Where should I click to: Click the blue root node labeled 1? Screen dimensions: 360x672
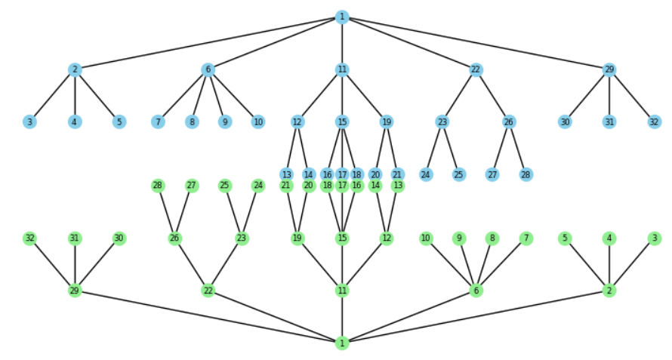click(x=342, y=17)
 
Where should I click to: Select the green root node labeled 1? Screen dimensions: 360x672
click(x=342, y=343)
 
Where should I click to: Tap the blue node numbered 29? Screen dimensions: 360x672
click(x=609, y=69)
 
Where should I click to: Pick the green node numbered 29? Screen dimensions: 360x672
click(x=74, y=291)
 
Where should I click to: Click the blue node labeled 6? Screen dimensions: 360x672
click(x=208, y=69)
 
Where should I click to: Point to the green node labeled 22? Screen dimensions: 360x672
click(x=208, y=291)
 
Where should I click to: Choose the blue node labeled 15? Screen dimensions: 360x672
click(x=342, y=122)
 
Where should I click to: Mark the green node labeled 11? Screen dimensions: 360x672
click(x=342, y=291)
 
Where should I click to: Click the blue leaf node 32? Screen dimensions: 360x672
click(x=654, y=122)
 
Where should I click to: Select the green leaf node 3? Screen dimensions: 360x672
click(x=654, y=238)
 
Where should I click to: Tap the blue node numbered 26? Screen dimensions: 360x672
click(x=509, y=122)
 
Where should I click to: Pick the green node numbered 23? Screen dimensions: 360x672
click(x=242, y=238)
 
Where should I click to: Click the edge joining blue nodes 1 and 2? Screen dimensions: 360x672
click(x=208, y=43)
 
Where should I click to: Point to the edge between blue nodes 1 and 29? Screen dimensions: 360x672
click(x=476, y=43)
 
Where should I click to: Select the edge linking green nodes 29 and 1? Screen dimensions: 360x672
click(x=208, y=317)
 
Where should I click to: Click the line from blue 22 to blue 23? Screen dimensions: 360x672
click(x=459, y=95)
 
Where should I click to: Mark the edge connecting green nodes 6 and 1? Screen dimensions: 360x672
click(x=408, y=317)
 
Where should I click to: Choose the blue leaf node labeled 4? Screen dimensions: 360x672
click(x=74, y=122)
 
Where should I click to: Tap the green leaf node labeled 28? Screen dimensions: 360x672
click(x=158, y=186)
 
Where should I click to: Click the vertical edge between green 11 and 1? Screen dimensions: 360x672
click(x=342, y=317)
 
